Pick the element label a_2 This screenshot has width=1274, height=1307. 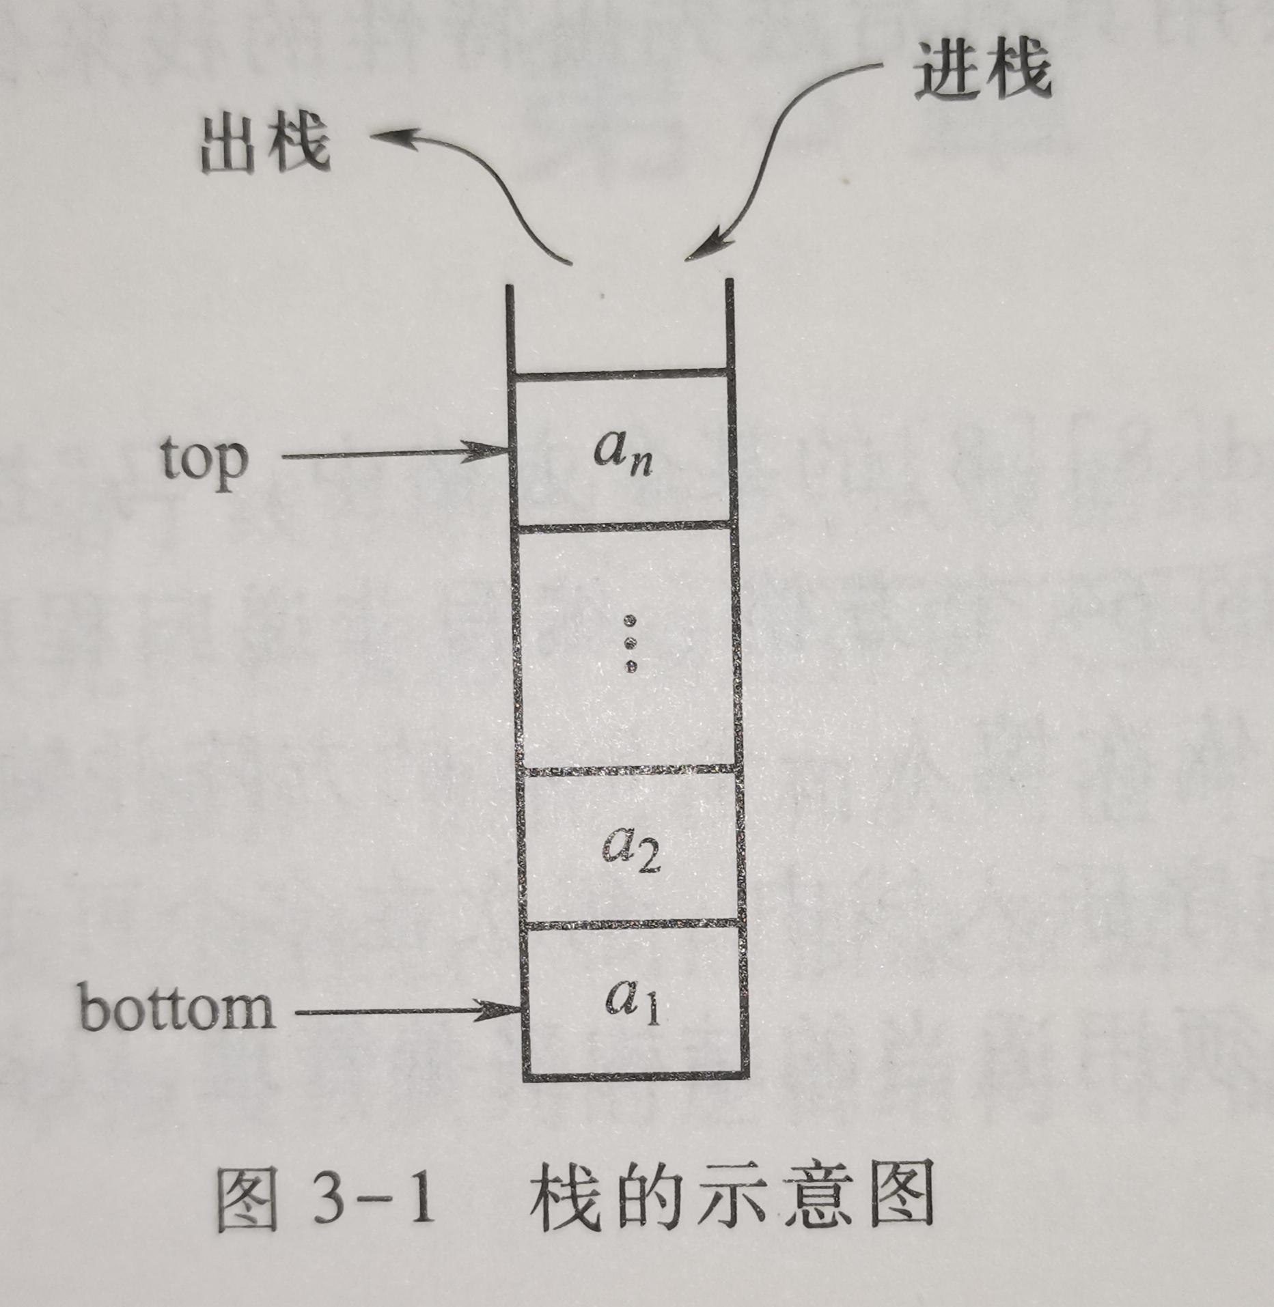tap(630, 850)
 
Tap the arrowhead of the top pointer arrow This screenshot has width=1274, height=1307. tap(492, 451)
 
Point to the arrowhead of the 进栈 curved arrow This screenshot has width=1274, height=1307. tap(704, 250)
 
